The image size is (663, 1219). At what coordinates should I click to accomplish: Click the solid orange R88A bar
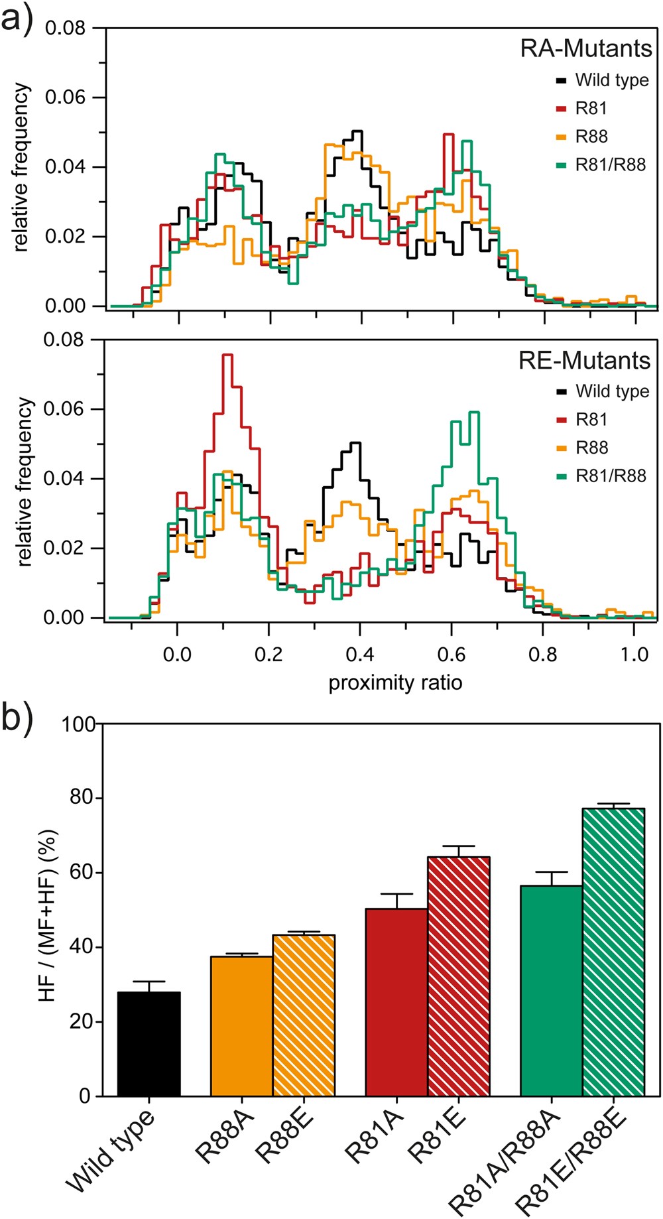click(242, 1025)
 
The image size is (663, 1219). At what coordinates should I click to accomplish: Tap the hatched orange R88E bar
click(304, 1015)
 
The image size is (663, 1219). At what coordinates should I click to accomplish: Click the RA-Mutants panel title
click(586, 48)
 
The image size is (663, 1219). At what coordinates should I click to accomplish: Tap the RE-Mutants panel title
click(584, 360)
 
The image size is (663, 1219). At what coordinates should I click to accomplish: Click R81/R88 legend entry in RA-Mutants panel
click(609, 164)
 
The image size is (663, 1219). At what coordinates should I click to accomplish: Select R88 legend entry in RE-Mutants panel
click(591, 448)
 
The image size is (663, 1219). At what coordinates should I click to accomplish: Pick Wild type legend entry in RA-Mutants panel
click(611, 80)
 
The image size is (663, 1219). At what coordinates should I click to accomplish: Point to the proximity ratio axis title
click(395, 682)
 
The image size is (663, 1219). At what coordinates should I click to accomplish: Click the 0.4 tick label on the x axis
click(360, 655)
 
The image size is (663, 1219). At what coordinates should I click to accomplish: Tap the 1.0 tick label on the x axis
click(634, 655)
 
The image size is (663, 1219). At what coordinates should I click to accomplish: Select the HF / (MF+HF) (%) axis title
click(50, 909)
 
